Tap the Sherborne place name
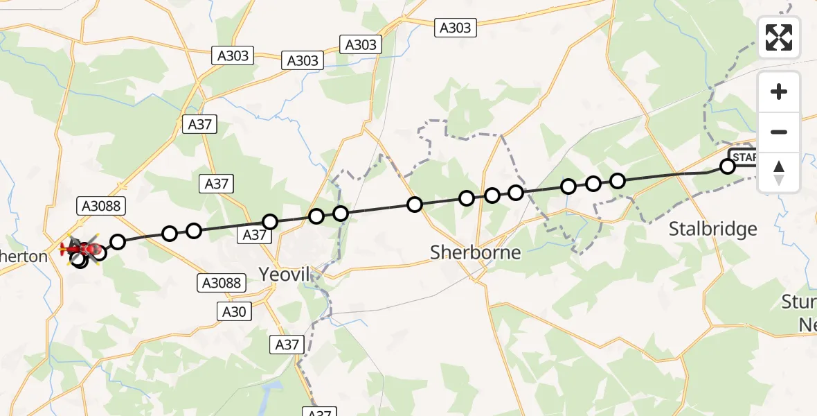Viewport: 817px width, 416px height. pos(475,252)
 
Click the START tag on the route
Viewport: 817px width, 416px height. pos(745,157)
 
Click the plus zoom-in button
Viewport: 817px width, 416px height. pos(779,92)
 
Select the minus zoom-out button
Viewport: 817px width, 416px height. pos(779,132)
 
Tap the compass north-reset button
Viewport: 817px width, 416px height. pos(779,173)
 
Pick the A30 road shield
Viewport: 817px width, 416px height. pos(234,312)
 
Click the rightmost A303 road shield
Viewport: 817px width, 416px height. pos(455,28)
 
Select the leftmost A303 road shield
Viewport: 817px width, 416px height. pos(233,56)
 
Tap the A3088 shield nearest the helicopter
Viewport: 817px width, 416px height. pos(100,205)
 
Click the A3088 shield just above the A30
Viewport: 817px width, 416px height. pos(222,282)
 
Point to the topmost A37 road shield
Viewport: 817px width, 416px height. pos(199,125)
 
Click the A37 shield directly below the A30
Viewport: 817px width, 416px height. pos(287,344)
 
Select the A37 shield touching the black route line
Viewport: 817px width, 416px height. pos(255,235)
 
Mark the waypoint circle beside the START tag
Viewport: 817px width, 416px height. pos(727,166)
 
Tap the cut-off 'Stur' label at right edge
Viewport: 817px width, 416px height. pos(799,302)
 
